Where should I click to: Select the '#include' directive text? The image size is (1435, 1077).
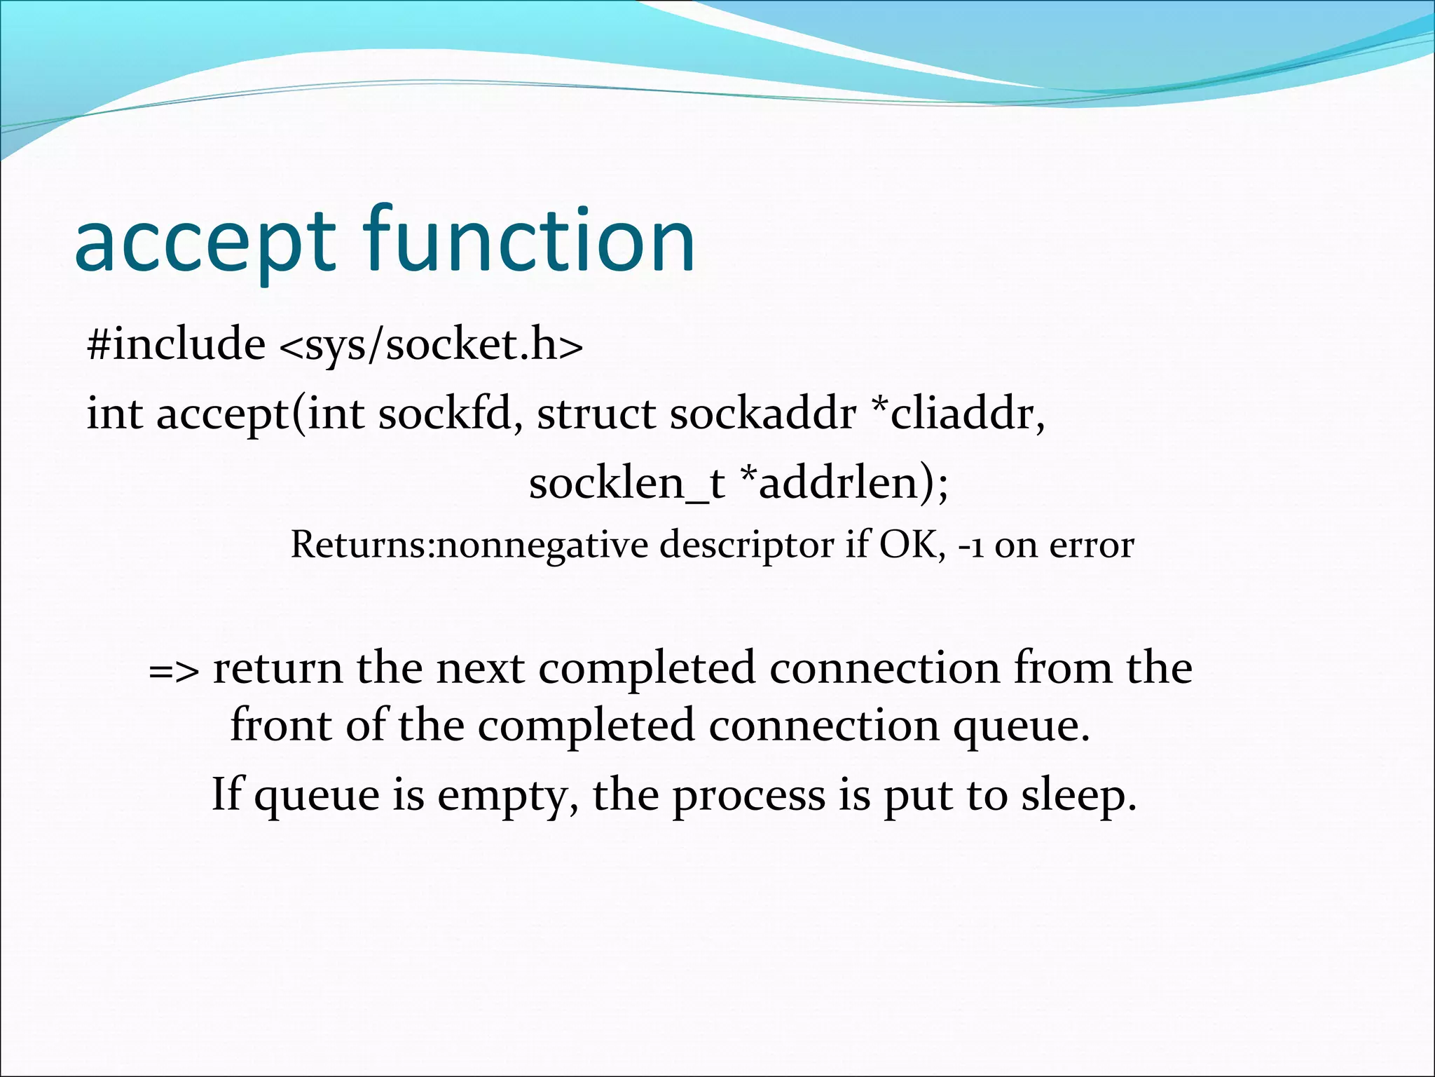176,344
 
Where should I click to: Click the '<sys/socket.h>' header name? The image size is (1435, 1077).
431,346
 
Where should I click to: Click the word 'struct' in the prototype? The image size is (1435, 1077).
596,414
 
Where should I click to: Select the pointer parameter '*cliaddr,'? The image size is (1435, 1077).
957,414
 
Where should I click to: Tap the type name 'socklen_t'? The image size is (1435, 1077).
626,484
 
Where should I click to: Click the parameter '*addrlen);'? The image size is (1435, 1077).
844,484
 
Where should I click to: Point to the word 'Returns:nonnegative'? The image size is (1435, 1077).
469,546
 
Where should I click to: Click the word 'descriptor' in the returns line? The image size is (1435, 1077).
746,546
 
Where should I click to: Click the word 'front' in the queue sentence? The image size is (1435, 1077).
281,725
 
